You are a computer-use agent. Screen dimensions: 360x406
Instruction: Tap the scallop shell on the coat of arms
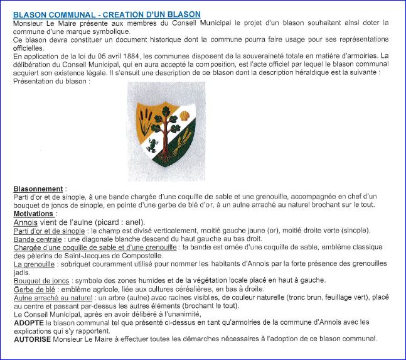[184, 116]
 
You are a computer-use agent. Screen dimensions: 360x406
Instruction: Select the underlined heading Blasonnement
[38, 189]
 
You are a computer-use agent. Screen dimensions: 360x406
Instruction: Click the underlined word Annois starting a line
[25, 222]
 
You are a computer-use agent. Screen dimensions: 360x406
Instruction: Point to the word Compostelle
[141, 256]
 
